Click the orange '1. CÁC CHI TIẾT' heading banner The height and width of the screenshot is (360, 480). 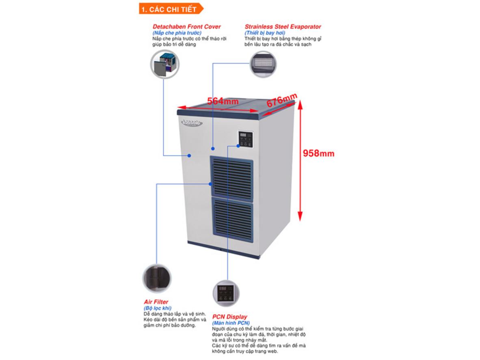tap(165, 8)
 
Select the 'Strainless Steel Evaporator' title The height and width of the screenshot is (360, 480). tap(283, 27)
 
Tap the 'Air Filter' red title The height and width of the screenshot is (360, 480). tap(156, 302)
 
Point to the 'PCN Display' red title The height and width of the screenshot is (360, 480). tap(229, 317)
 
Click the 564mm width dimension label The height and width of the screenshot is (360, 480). tap(223, 101)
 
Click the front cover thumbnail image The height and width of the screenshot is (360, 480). tap(165, 64)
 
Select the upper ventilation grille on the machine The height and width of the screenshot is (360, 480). tap(231, 176)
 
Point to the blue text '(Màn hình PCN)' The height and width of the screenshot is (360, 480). tap(230, 323)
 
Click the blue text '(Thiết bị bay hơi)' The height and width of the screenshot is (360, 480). tap(265, 33)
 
